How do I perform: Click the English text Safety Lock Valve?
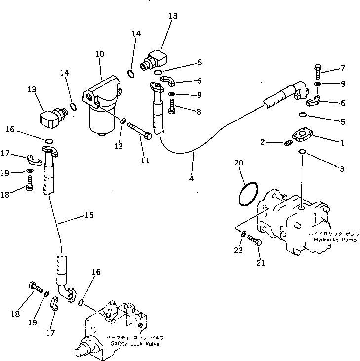tap(134, 344)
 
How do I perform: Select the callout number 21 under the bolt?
tap(260, 263)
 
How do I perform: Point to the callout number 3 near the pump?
tap(341, 169)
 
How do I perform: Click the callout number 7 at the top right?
tap(341, 68)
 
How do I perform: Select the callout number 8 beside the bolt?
tap(199, 112)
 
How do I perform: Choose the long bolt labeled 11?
tap(141, 131)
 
